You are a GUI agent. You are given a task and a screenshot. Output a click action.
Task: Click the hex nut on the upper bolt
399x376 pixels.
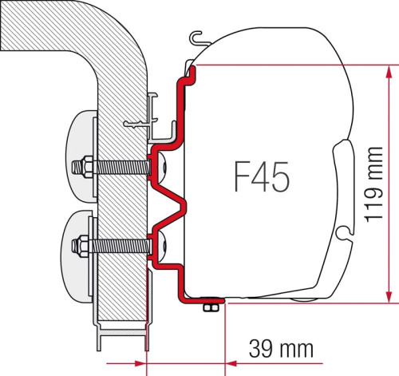[x=82, y=169]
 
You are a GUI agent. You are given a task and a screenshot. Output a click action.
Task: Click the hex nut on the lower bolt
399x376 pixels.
[x=82, y=243]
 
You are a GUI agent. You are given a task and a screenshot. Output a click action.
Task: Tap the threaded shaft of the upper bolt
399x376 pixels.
[x=120, y=169]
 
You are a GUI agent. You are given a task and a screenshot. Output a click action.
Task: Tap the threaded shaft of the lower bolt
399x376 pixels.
[x=120, y=243]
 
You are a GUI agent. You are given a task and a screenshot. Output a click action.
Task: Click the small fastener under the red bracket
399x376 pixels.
[x=212, y=308]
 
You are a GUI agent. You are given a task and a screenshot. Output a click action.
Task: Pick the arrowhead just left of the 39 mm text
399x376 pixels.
[x=234, y=349]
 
